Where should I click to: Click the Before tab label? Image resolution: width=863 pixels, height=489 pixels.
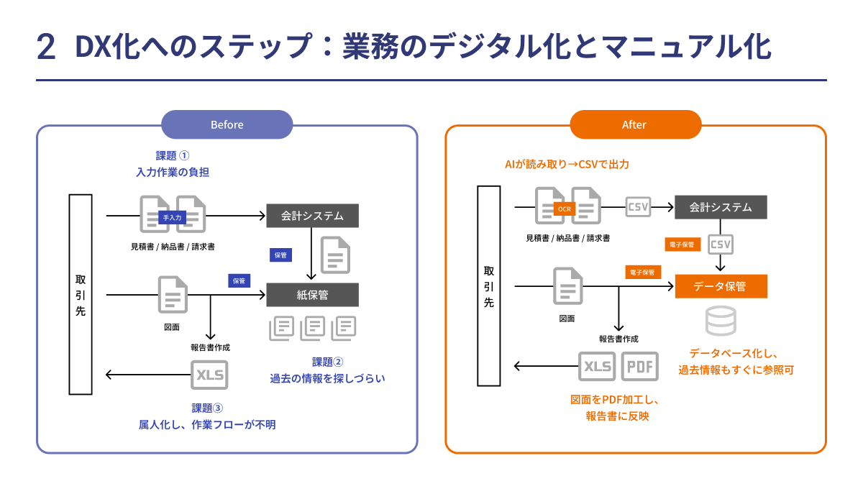pyautogui.click(x=227, y=124)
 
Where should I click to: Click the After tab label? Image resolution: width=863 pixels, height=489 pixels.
pyautogui.click(x=634, y=124)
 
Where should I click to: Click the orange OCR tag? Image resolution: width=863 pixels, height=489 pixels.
pyautogui.click(x=565, y=209)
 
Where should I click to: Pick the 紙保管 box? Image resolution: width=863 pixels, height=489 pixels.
pyautogui.click(x=312, y=294)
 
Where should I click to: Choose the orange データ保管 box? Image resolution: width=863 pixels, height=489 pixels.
pyautogui.click(x=721, y=286)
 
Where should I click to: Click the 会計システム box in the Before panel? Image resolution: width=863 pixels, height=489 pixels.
pyautogui.click(x=312, y=216)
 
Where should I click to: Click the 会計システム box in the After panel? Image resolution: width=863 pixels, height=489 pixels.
pyautogui.click(x=721, y=207)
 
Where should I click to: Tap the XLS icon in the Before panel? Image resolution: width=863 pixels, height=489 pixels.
pyautogui.click(x=210, y=375)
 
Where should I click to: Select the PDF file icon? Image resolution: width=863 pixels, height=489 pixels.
pyautogui.click(x=639, y=366)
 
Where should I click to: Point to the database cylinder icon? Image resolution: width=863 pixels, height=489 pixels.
pyautogui.click(x=721, y=320)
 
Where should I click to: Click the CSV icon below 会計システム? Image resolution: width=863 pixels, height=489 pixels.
pyautogui.click(x=721, y=244)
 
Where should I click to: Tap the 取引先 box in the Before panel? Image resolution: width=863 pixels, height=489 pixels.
pyautogui.click(x=81, y=294)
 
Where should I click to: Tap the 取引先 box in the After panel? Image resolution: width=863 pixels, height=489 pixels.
pyautogui.click(x=489, y=286)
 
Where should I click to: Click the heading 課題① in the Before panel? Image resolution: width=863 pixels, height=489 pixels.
pyautogui.click(x=173, y=155)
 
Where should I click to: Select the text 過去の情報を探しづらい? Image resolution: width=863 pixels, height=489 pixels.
pyautogui.click(x=327, y=378)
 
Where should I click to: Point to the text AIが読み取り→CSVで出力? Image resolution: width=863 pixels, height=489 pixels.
pyautogui.click(x=567, y=165)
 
